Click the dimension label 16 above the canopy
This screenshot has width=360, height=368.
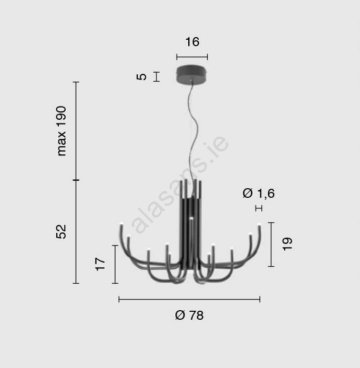(192, 42)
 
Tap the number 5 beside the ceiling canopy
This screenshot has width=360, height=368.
(142, 77)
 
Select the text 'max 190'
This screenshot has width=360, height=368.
(62, 131)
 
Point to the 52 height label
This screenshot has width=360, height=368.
(62, 232)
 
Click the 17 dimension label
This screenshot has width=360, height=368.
(100, 264)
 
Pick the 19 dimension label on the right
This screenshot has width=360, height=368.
(287, 244)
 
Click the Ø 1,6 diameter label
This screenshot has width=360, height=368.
(258, 194)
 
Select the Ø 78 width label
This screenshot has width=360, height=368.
(189, 315)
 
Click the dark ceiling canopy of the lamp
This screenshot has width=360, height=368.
(192, 74)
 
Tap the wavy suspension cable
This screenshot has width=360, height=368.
(194, 132)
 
